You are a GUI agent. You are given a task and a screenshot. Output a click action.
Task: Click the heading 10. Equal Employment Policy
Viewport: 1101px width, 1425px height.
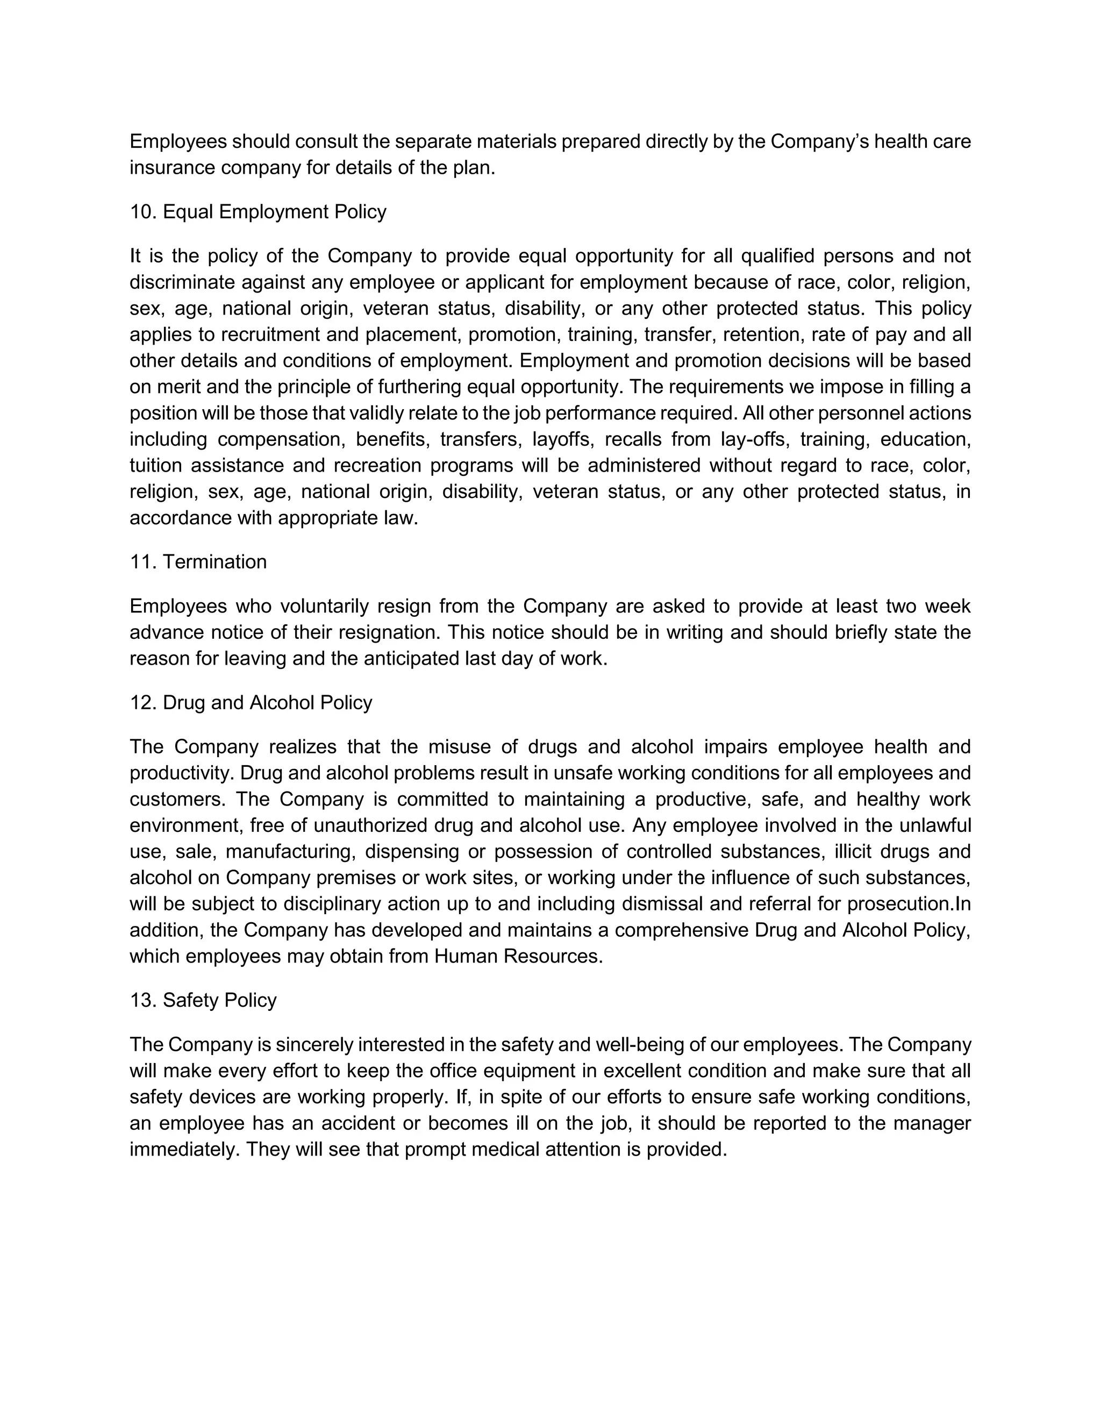pos(258,212)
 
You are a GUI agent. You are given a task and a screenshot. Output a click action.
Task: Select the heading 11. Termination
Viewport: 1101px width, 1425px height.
pos(198,562)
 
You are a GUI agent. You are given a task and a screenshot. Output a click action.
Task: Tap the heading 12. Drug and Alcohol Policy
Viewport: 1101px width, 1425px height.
pos(251,703)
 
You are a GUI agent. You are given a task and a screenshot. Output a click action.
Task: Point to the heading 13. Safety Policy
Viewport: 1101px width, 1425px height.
pos(203,1000)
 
